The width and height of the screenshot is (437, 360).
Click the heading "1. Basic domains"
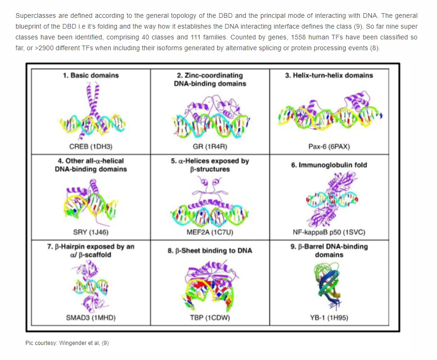[x=91, y=75]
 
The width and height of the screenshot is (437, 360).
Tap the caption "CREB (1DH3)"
[x=91, y=146]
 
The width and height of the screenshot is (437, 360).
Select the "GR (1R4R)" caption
[x=210, y=146]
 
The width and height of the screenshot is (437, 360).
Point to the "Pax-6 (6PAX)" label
[x=329, y=146]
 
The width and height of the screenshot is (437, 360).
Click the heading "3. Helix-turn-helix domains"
[x=329, y=75]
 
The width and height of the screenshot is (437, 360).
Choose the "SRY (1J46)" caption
[x=91, y=232]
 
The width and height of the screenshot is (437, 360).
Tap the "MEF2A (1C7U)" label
[x=210, y=232]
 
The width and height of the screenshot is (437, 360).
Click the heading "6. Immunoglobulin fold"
[x=329, y=165]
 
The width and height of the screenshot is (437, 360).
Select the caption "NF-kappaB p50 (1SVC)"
[x=329, y=232]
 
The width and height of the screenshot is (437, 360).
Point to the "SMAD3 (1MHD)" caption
[x=91, y=317]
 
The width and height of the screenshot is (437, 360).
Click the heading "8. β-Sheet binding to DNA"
[x=210, y=251]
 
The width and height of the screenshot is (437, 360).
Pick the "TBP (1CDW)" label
[x=210, y=317]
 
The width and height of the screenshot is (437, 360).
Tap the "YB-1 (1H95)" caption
[x=329, y=317]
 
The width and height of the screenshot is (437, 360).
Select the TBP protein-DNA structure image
[x=210, y=286]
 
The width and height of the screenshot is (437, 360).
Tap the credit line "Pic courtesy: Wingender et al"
[x=67, y=343]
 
